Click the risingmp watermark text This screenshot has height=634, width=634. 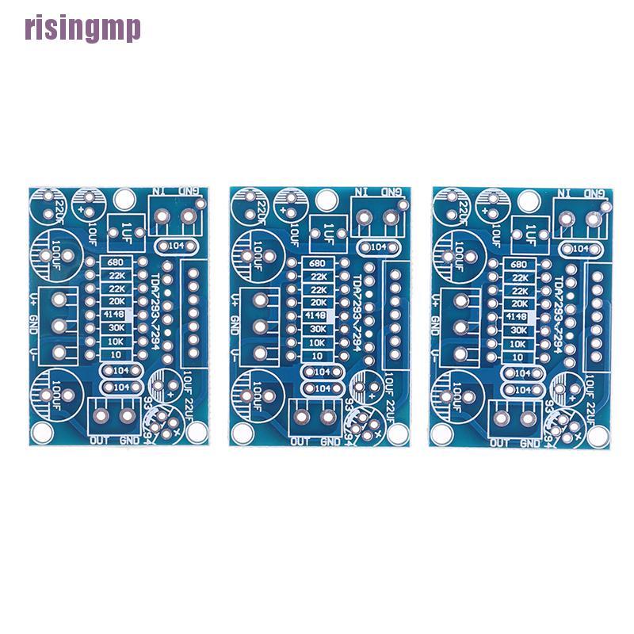(x=82, y=29)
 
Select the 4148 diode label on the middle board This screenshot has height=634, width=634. (x=318, y=315)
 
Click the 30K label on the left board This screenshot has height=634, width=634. (x=116, y=328)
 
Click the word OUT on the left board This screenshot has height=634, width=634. (x=99, y=441)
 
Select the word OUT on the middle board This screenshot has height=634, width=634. (x=301, y=441)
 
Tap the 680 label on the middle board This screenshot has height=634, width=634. (x=318, y=263)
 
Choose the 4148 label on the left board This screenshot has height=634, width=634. (x=116, y=315)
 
